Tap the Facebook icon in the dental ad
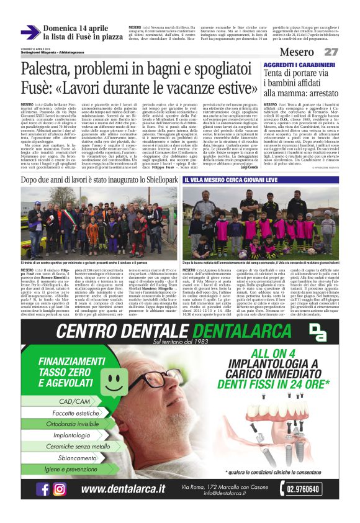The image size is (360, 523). [x=43, y=489]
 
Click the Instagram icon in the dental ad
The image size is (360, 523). [x=60, y=489]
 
